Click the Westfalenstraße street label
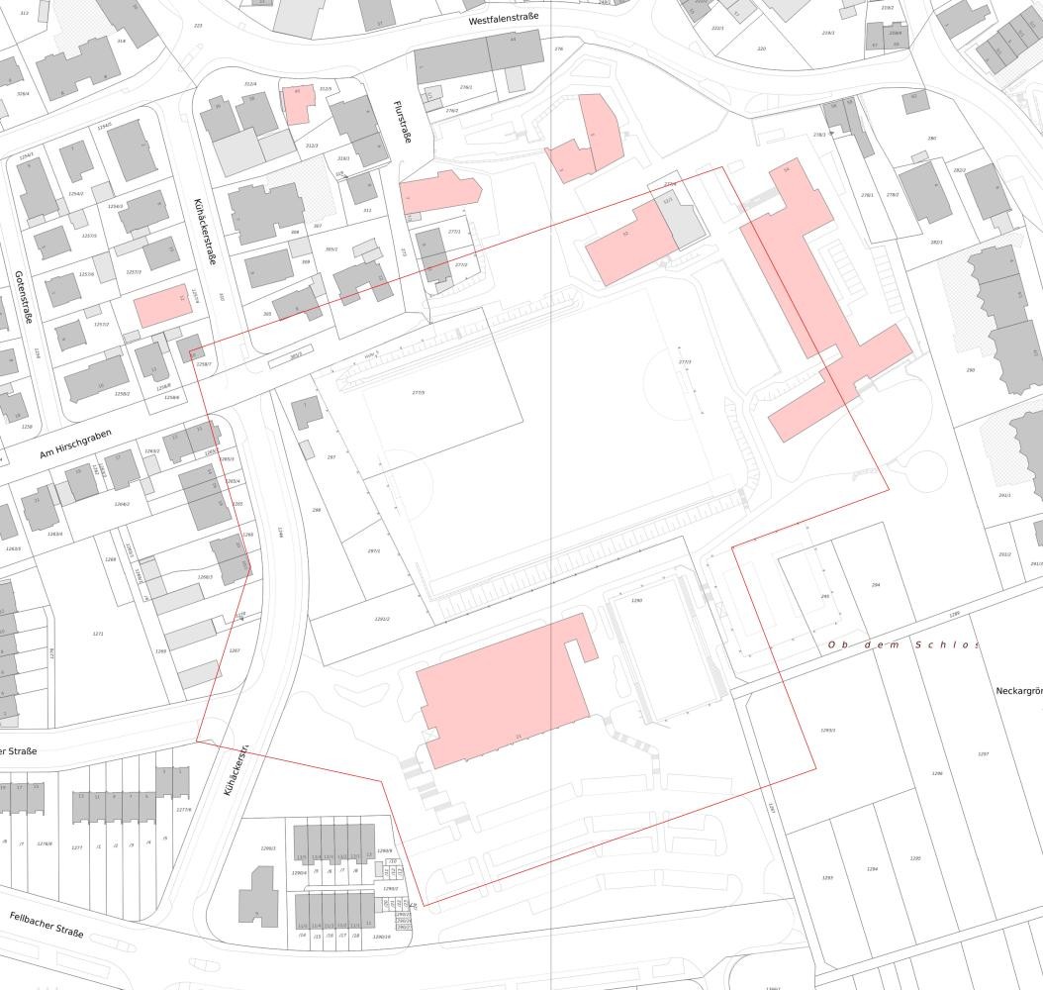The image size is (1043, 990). (504, 19)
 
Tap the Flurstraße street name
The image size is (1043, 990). (401, 123)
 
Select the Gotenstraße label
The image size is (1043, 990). (23, 297)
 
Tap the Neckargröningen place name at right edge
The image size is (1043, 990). (1018, 690)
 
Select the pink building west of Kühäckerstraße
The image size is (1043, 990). (162, 307)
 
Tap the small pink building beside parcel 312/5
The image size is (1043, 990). (297, 103)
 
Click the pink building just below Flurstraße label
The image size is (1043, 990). (438, 190)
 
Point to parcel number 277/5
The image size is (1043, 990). (419, 393)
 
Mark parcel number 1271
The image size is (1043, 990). (98, 634)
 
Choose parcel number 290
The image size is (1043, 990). (971, 370)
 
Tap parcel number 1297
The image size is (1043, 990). (983, 754)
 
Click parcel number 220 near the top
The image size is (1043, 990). (761, 49)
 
